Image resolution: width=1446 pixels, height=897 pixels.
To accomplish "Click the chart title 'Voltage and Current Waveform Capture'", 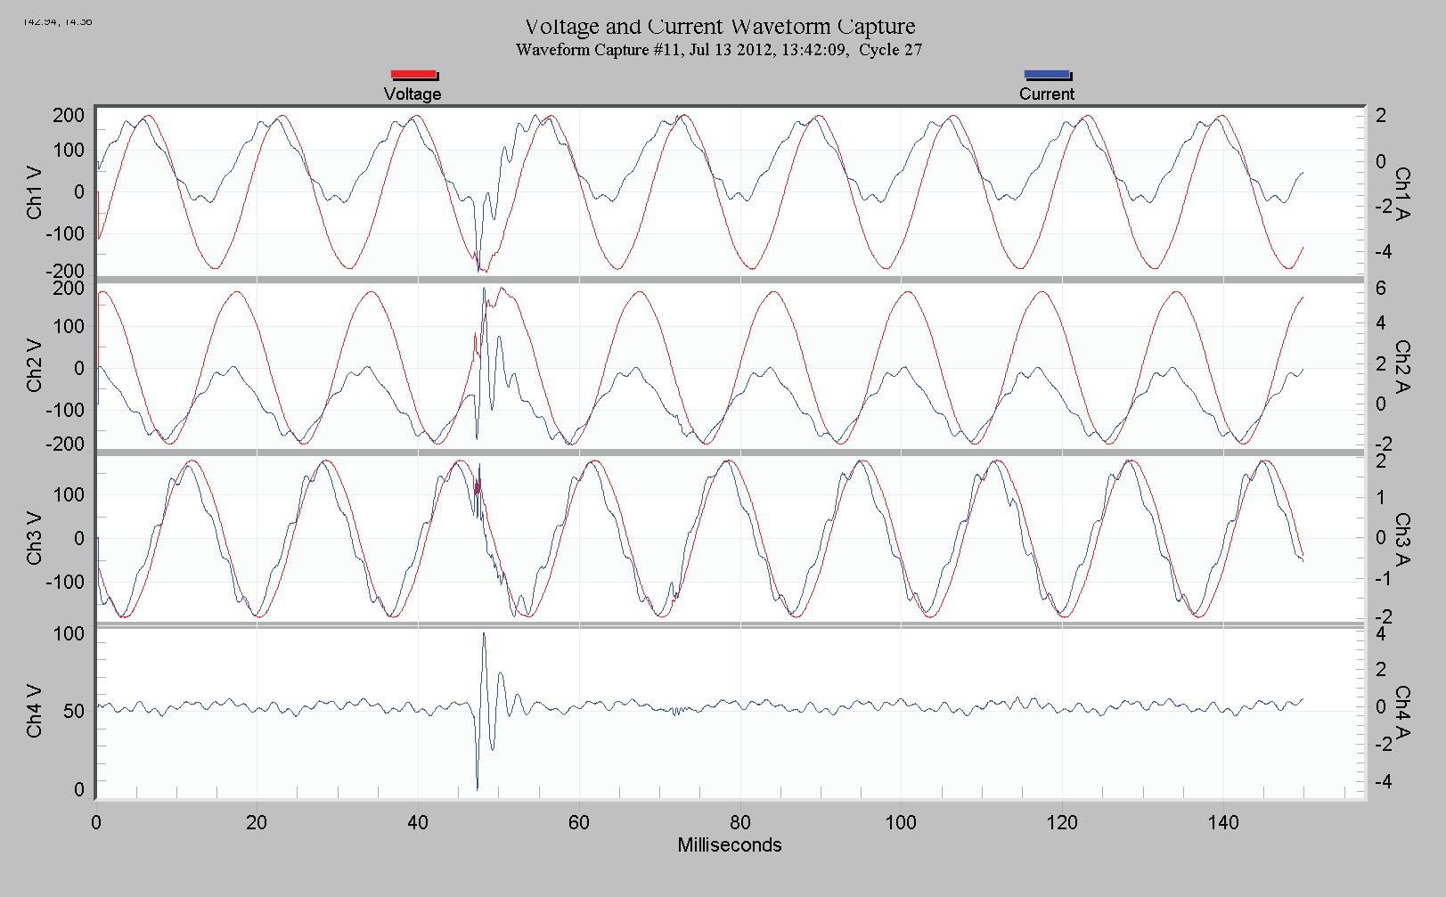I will coord(720,27).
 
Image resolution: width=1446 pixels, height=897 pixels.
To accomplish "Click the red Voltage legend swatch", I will coord(413,75).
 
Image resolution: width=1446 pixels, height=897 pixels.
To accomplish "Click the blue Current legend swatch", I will coord(1047,75).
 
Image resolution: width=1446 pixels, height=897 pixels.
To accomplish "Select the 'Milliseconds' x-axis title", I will coord(729,845).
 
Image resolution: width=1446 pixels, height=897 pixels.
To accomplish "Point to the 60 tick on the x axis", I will coord(579,822).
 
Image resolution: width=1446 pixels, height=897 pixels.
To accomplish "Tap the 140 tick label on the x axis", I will coord(1223,822).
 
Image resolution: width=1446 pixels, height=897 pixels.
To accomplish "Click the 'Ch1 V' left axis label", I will coord(34,192).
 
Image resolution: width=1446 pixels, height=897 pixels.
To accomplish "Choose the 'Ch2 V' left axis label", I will coord(34,365).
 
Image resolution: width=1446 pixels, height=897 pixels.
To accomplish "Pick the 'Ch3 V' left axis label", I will coord(34,538).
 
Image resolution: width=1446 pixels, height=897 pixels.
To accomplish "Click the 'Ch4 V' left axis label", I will coord(34,711).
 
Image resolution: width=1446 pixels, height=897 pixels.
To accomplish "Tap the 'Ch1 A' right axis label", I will coord(1402,192).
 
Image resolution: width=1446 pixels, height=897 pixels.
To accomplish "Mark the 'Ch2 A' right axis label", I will coord(1402,365).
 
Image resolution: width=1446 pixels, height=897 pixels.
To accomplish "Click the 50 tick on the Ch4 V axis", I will coord(73,711).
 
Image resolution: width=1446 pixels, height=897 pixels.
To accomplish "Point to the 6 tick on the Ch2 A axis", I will coord(1380,289).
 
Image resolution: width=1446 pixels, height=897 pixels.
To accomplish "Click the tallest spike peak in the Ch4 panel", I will coord(484,633).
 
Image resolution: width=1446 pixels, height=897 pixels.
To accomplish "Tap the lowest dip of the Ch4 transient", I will coord(478,789).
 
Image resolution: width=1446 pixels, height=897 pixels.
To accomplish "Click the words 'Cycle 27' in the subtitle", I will coord(890,50).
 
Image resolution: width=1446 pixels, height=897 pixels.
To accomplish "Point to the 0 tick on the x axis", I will coord(96,822).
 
